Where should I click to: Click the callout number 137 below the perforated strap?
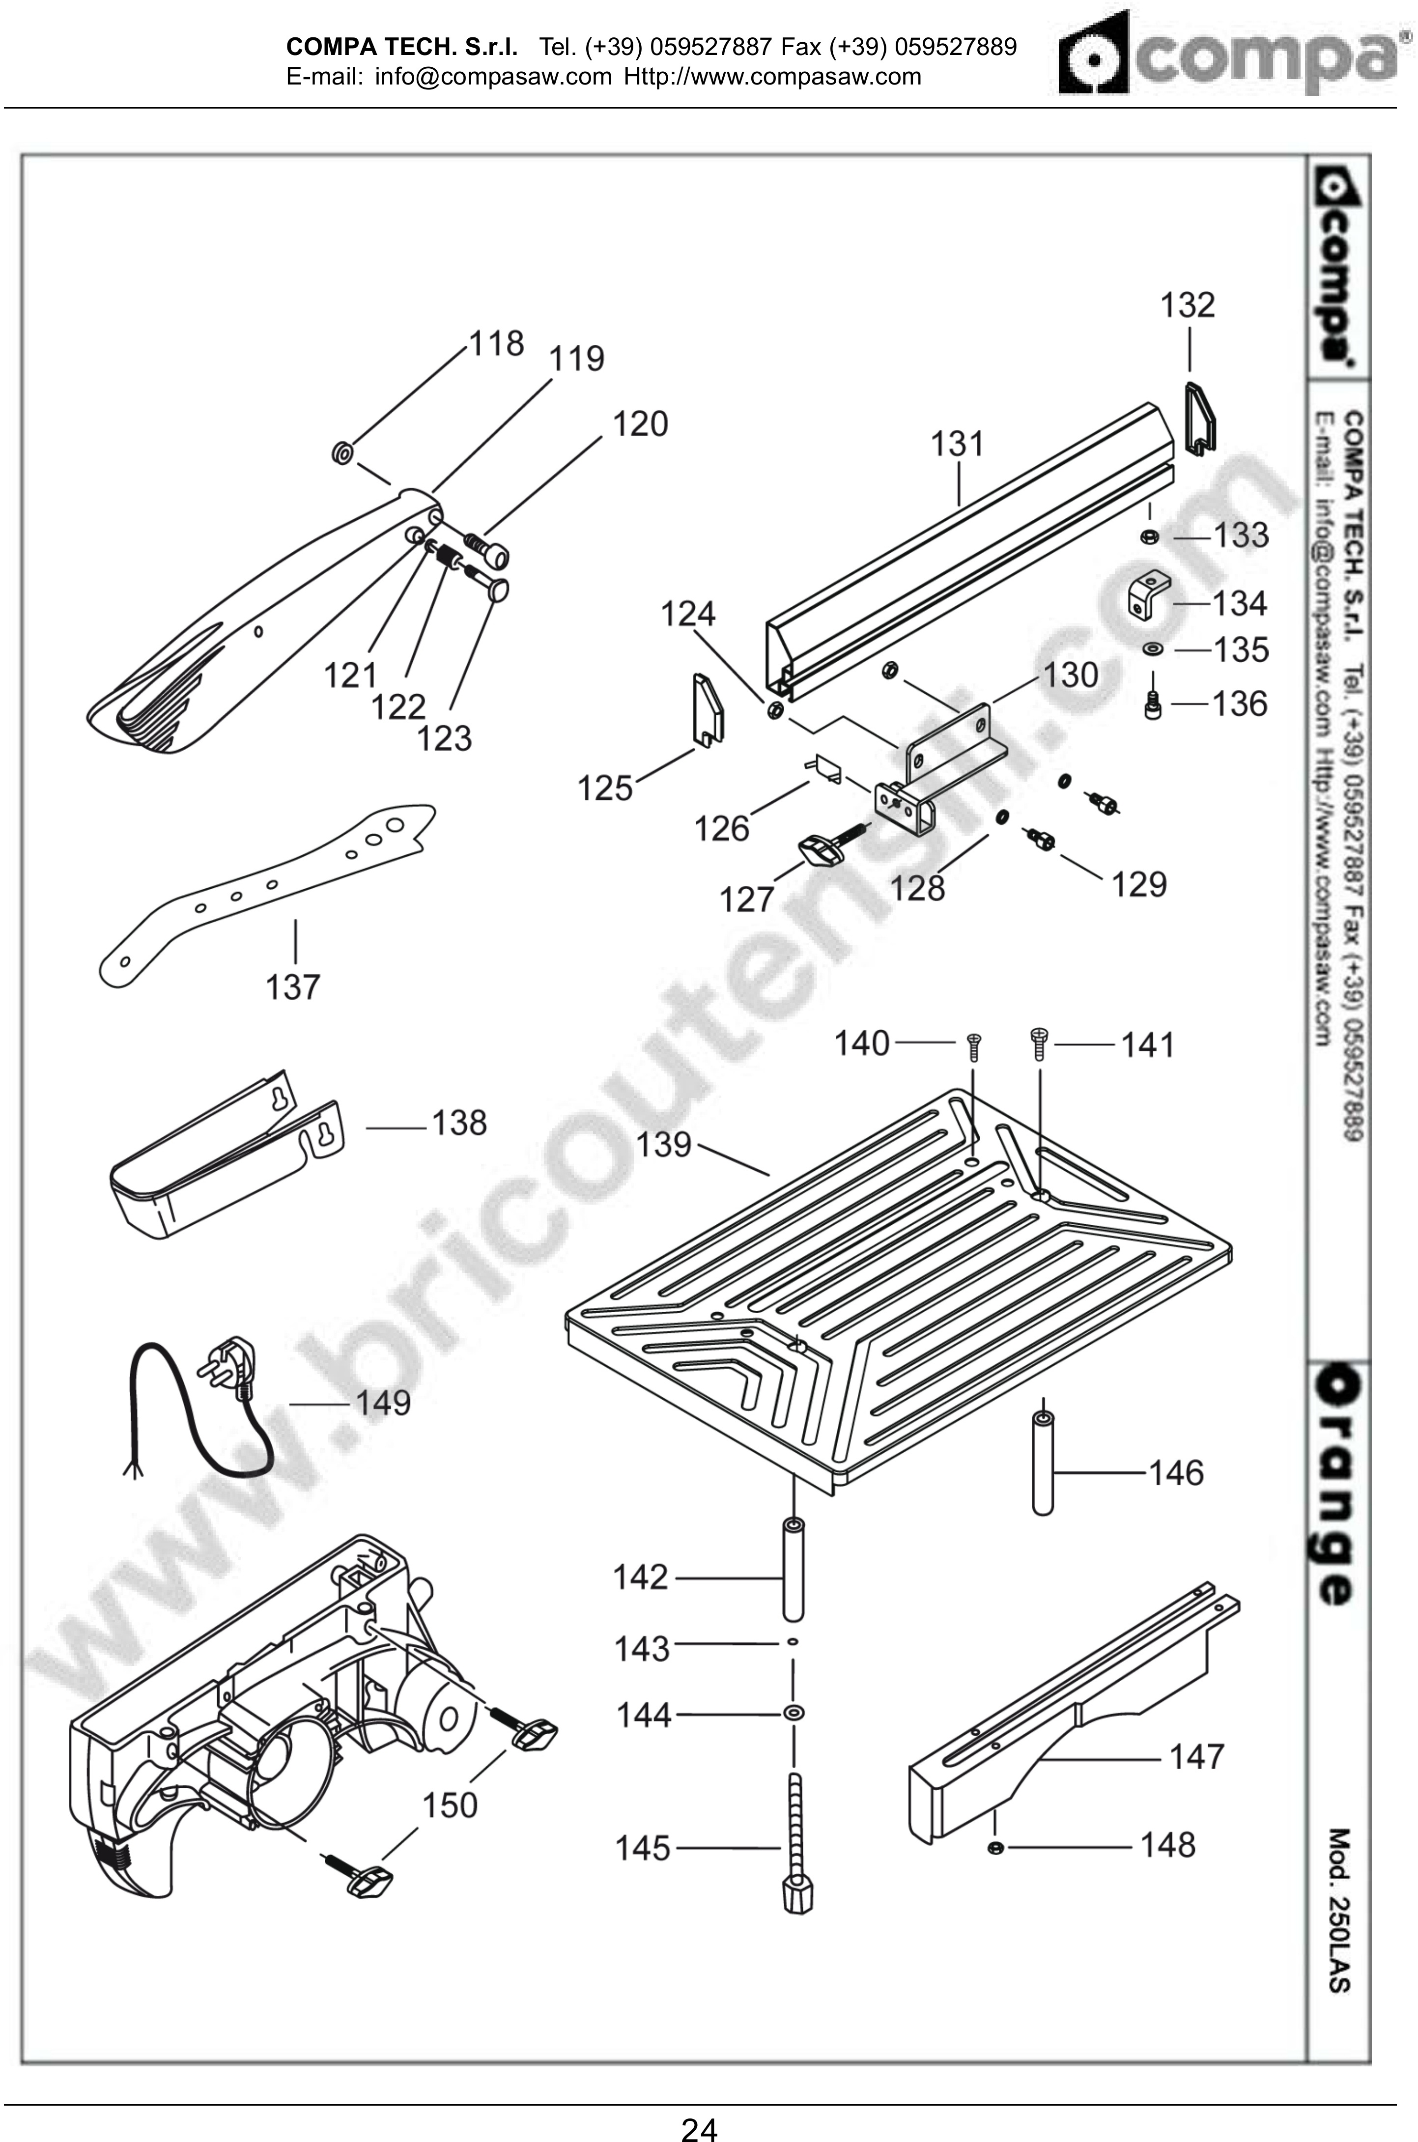[x=292, y=986]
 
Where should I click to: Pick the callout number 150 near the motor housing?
[x=450, y=1805]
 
